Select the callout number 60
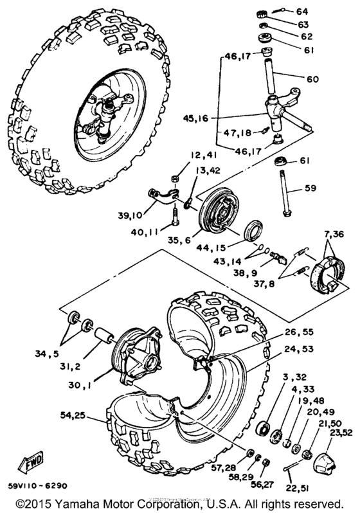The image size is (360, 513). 312,80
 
